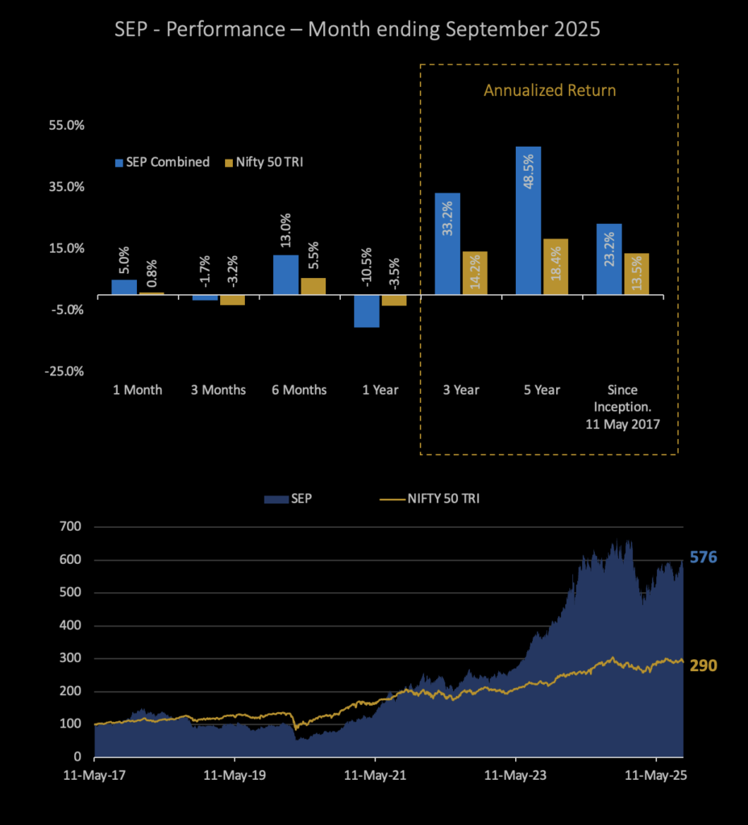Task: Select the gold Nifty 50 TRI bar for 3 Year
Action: click(475, 273)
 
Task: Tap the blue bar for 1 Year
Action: click(367, 311)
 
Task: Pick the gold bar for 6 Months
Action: click(313, 286)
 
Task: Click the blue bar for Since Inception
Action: click(609, 259)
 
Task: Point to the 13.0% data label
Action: click(286, 234)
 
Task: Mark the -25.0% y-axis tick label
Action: click(65, 371)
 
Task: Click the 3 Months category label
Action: click(218, 390)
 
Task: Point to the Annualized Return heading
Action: click(550, 90)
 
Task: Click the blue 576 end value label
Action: click(703, 558)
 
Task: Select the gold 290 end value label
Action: click(702, 665)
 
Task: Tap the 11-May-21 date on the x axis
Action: click(376, 780)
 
